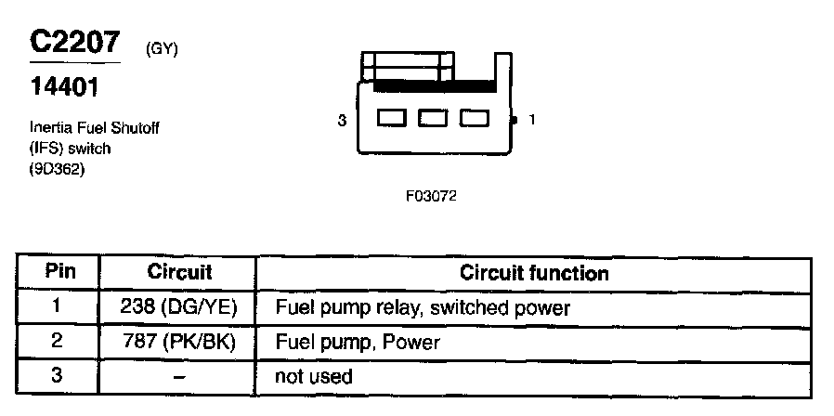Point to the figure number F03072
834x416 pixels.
click(x=431, y=196)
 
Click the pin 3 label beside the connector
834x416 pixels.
click(x=342, y=120)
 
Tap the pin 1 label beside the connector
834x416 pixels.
click(x=531, y=119)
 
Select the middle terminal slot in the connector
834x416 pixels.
click(x=432, y=119)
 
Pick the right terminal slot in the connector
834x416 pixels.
click(x=474, y=119)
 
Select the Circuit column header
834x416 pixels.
click(x=179, y=272)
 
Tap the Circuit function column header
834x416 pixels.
click(x=534, y=273)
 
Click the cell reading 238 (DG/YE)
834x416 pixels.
click(x=179, y=306)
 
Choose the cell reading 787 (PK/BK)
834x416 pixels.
click(x=179, y=342)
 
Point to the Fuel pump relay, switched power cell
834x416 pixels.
click(x=423, y=306)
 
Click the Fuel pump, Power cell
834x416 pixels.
click(x=358, y=342)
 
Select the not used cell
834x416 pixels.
click(x=314, y=376)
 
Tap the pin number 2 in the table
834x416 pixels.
click(x=58, y=342)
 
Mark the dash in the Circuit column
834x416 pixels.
click(x=179, y=376)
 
